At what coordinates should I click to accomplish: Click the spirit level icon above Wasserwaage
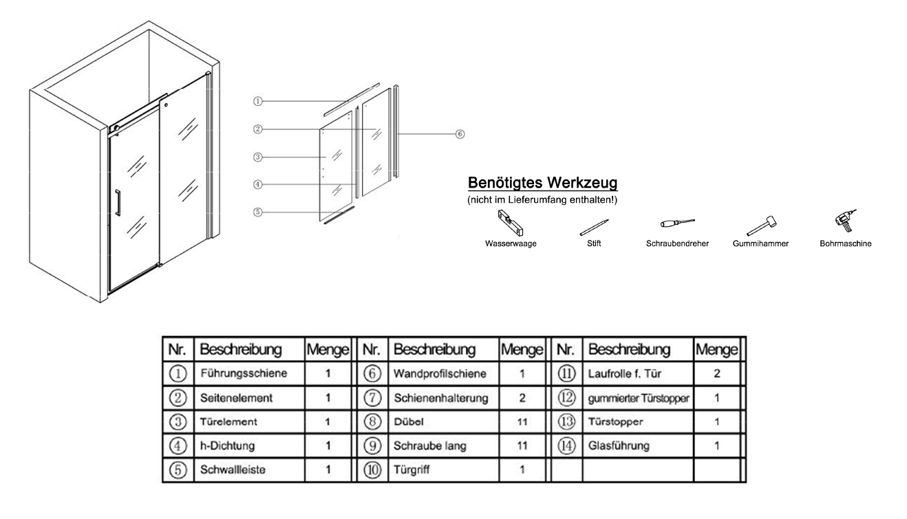(x=510, y=223)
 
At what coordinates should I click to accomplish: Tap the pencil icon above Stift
(x=594, y=228)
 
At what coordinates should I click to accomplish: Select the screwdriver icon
(x=677, y=223)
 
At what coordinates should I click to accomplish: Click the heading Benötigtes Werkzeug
(x=542, y=182)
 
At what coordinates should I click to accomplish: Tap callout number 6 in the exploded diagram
(x=460, y=134)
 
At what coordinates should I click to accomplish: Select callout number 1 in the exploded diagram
(x=258, y=101)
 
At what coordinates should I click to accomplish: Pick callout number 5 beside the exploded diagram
(x=258, y=212)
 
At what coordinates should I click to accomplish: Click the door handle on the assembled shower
(x=118, y=203)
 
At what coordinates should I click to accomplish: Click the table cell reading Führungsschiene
(x=244, y=373)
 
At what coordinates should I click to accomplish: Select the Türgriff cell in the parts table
(x=412, y=470)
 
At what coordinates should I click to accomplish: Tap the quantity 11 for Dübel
(x=522, y=422)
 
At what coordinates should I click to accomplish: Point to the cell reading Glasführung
(x=619, y=445)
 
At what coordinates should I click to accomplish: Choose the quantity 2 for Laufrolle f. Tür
(x=717, y=373)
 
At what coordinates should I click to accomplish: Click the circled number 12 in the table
(x=566, y=397)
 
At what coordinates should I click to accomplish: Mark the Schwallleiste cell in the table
(x=233, y=470)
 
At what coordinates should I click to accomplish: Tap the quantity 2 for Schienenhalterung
(x=522, y=398)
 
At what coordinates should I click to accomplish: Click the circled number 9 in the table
(x=372, y=445)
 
